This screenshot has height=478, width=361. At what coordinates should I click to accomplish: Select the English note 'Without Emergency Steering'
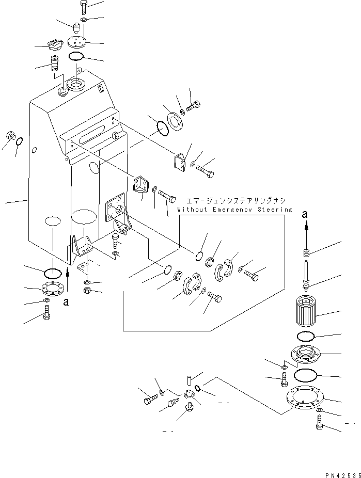click(x=234, y=210)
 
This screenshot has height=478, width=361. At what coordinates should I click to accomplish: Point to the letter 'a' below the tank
click(x=66, y=302)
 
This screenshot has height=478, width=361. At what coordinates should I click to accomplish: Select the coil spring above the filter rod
click(x=306, y=253)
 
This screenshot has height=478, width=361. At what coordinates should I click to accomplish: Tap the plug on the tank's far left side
click(x=10, y=137)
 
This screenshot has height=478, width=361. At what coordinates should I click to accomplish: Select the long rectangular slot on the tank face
click(x=90, y=137)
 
